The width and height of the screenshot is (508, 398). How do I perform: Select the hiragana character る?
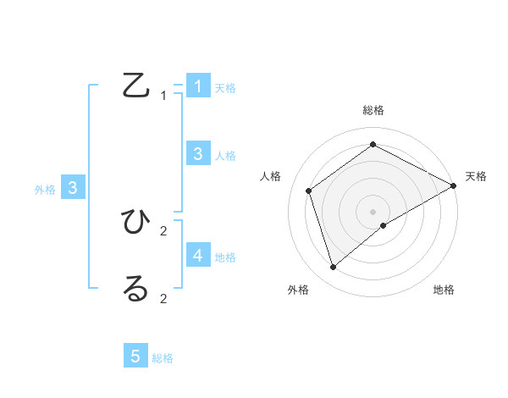135,289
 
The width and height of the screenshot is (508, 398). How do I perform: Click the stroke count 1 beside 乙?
163,96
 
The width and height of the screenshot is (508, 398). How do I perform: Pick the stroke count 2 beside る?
163,298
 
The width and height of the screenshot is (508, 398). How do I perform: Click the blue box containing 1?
197,86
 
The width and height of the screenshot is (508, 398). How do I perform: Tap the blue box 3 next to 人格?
197,153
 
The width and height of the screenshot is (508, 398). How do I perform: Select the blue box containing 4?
197,255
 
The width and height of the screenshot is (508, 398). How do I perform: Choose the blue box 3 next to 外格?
73,188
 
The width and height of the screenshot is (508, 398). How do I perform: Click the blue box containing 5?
135,357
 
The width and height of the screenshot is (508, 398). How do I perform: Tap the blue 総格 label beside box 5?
163,358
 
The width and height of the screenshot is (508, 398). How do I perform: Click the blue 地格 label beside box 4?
225,257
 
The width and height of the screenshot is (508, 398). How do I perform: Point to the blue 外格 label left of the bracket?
45,191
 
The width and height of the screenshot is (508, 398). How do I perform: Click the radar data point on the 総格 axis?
373,145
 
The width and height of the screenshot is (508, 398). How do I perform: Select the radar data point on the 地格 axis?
384,225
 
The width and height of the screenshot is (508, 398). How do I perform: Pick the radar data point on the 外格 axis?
333,268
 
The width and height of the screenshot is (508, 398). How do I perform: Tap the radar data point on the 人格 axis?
309,191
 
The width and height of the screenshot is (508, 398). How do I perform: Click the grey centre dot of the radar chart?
373,211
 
